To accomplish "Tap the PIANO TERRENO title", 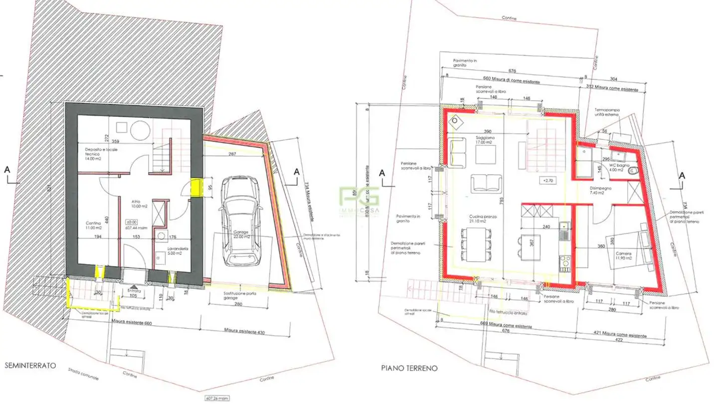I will pyautogui.click(x=409, y=369).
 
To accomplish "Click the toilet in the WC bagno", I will pyautogui.click(x=634, y=172).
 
